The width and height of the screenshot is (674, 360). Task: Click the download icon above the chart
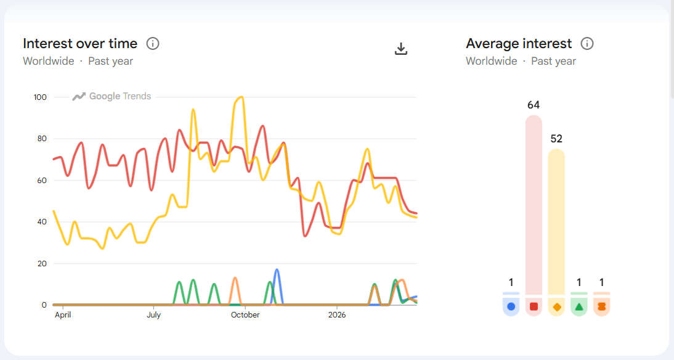401,49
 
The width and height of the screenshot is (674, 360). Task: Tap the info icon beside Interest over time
153,44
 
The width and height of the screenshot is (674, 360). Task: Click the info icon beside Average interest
587,44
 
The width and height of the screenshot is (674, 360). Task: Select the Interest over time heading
80,44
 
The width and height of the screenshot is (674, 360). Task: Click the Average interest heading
519,44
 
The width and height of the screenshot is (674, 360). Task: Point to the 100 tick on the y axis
40,97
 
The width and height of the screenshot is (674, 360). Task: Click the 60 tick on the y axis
42,181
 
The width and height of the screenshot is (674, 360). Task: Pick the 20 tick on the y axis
42,264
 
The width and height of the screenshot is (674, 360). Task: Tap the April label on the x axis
63,315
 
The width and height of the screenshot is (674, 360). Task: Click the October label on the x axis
245,315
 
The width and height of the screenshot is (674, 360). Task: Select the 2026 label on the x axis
337,315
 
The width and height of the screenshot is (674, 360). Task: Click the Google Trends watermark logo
112,96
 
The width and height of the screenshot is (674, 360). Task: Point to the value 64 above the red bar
534,105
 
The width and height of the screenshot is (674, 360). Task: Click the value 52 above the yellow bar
556,139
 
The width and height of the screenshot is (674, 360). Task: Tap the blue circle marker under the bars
511,306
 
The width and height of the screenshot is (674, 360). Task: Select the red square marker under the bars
534,306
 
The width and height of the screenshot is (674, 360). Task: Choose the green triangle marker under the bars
579,306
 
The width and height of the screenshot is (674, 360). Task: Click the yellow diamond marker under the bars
556,306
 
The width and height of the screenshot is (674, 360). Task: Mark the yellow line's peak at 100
240,97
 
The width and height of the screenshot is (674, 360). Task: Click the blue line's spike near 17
277,270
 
